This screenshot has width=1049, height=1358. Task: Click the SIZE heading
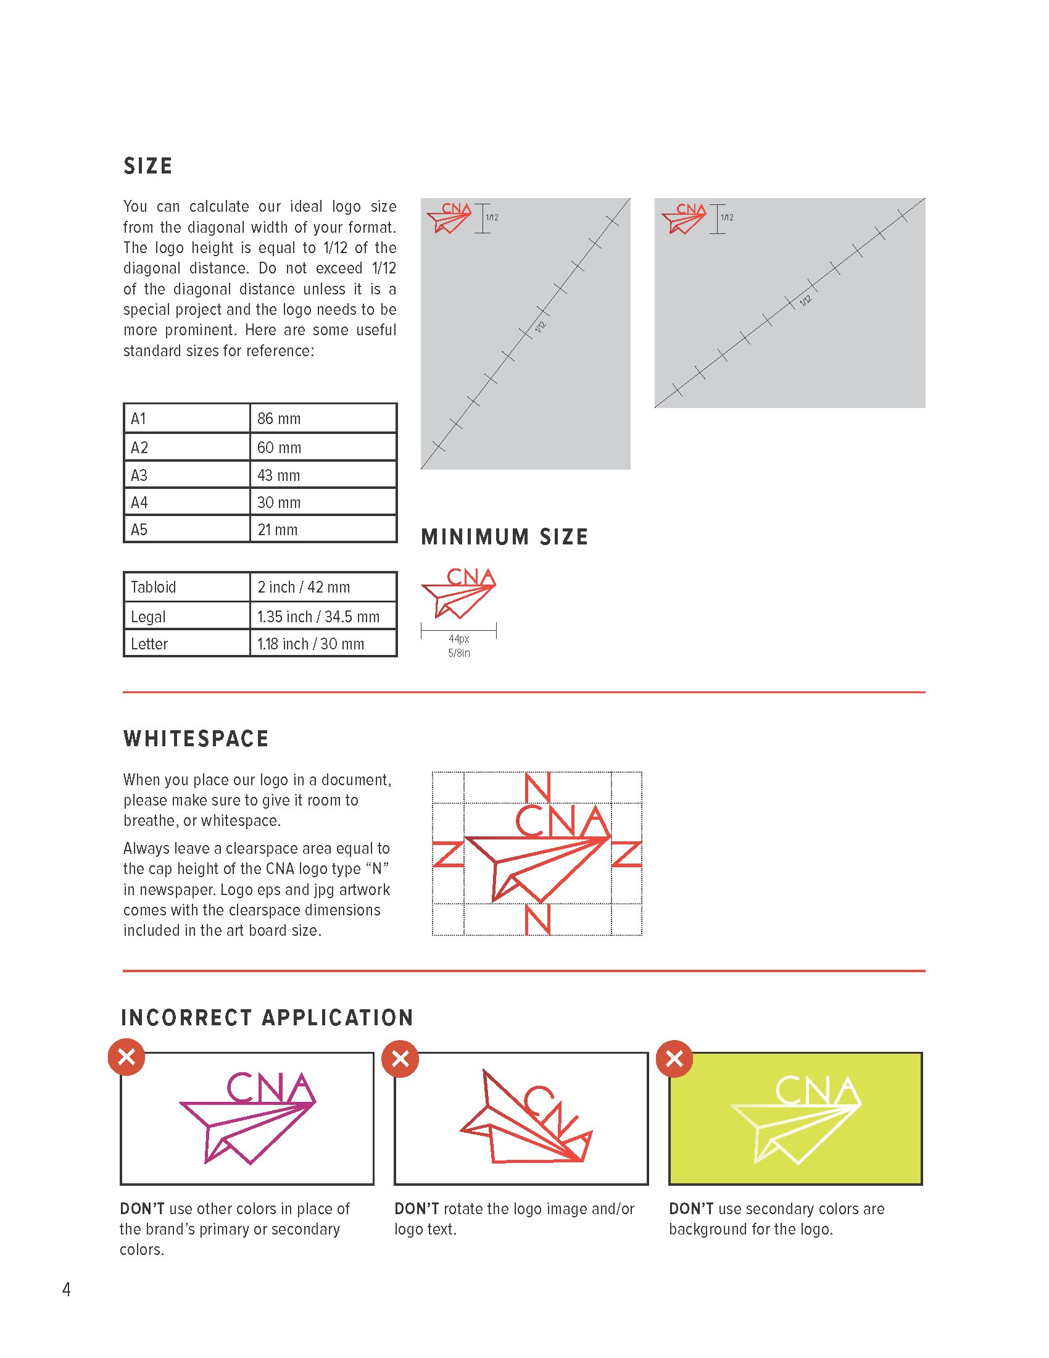pos(148,166)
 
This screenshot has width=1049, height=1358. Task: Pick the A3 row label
pos(139,475)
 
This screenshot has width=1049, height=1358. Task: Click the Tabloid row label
pos(154,587)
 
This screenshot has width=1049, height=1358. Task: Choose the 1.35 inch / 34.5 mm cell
pos(318,616)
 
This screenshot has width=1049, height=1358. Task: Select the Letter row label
pos(149,644)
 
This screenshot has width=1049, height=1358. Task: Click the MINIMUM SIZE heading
pos(504,536)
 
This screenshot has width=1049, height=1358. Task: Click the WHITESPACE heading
pos(196,738)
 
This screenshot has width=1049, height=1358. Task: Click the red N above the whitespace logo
pos(537,787)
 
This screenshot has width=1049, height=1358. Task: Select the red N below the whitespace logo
pos(537,919)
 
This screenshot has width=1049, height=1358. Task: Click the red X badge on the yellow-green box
pos(674,1058)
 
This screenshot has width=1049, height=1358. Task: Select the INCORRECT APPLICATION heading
pos(267,1017)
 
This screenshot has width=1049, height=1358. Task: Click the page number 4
pos(67,1289)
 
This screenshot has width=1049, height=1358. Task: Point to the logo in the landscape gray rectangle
pos(684,218)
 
